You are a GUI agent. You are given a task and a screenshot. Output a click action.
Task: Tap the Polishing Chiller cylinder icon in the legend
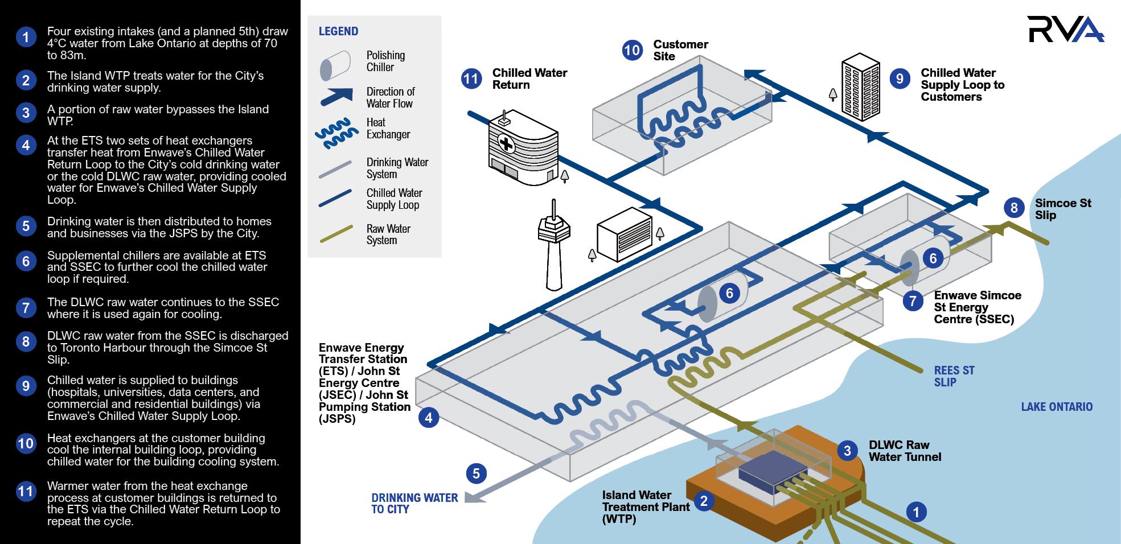[x=335, y=65]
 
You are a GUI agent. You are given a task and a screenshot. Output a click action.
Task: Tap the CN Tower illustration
[x=554, y=244]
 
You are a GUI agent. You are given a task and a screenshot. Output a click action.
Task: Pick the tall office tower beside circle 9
[x=861, y=87]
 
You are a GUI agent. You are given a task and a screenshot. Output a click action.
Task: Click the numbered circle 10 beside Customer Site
[x=632, y=51]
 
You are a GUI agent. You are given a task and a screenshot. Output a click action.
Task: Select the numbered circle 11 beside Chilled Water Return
[x=471, y=79]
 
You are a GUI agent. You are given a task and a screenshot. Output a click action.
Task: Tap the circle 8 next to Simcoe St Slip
[x=1014, y=208]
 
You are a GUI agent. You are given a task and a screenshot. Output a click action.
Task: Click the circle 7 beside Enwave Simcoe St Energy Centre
[x=913, y=301]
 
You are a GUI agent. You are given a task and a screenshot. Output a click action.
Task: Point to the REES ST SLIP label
[x=954, y=376]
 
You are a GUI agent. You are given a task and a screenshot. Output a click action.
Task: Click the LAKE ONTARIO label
[x=1057, y=407]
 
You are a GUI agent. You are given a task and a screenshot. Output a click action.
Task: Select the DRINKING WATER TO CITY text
[x=414, y=504]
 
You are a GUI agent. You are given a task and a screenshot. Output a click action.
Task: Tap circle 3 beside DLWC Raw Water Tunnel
[x=847, y=451]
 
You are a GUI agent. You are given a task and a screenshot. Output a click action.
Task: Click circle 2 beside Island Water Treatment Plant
[x=704, y=501]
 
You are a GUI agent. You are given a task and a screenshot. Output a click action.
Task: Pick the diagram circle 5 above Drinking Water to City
[x=476, y=473]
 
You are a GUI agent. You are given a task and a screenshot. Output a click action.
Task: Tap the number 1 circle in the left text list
[x=26, y=38]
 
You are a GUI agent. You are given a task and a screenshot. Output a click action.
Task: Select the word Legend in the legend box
[x=338, y=31]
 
